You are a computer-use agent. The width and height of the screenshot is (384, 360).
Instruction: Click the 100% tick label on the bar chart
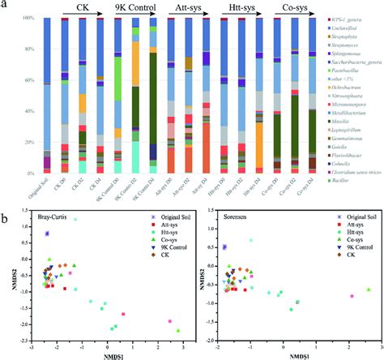(x=29, y=17)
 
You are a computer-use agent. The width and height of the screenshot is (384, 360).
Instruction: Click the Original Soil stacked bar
(x=46, y=96)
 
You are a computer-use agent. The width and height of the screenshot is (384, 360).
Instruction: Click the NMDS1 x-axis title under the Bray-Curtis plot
(x=108, y=354)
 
